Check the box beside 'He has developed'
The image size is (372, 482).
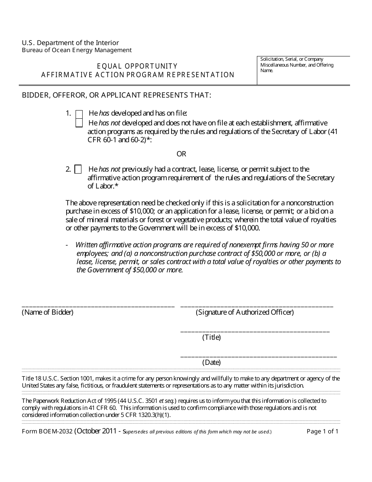coord(79,114)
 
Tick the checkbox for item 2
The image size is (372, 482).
coord(78,170)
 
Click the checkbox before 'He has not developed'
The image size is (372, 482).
coord(79,123)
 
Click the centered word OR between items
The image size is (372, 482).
coord(181,154)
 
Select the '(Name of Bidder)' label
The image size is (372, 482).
coord(47,312)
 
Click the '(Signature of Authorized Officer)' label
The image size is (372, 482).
coord(245,312)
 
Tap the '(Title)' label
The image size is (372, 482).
coord(211,337)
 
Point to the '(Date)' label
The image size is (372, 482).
coord(211,362)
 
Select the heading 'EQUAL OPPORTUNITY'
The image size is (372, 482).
coord(138,66)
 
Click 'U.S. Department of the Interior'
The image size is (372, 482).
coord(70,43)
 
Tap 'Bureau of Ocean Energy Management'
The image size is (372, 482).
coord(77,50)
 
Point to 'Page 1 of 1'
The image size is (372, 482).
coord(322,431)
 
